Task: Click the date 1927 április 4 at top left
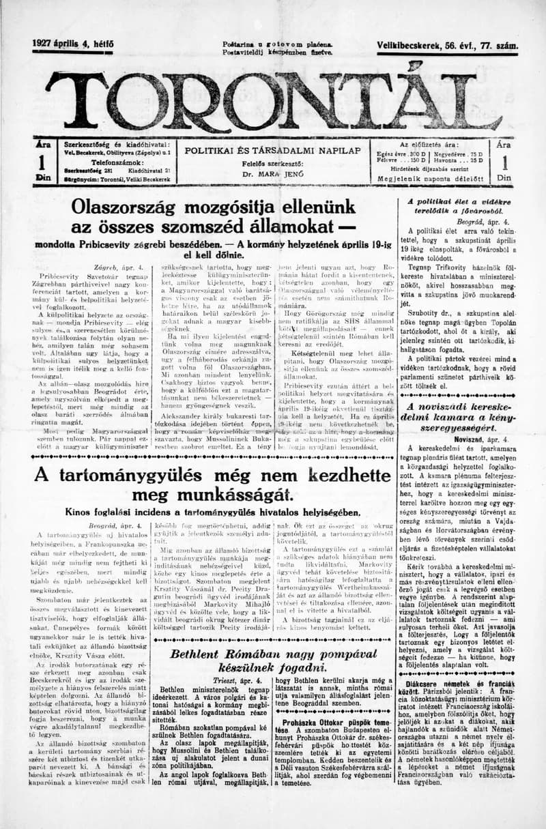point(72,44)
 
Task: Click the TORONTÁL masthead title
point(273,101)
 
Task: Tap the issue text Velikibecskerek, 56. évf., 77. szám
point(447,46)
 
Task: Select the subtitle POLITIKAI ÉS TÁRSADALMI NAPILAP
point(272,149)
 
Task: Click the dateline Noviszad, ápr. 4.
point(480,441)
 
